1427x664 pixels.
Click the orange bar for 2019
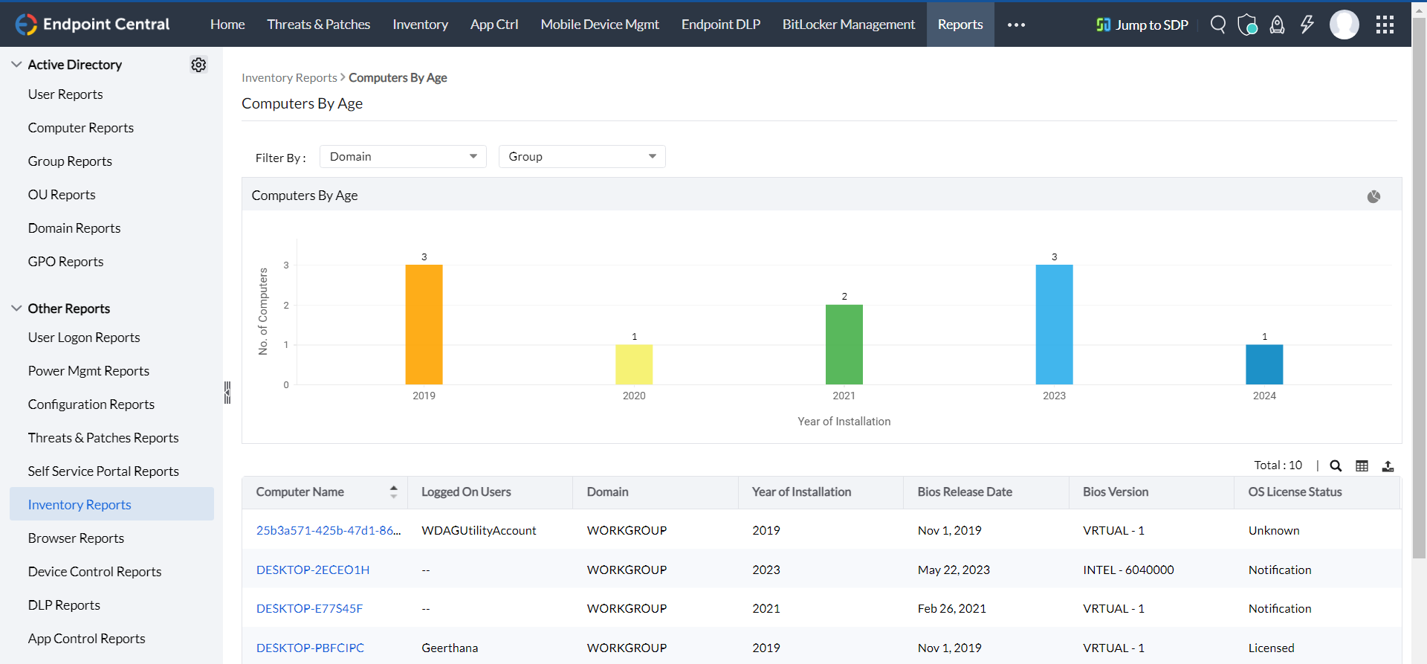coord(424,324)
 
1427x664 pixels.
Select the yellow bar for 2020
coord(634,364)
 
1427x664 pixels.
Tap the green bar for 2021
coord(844,344)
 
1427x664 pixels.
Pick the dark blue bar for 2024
coord(1263,364)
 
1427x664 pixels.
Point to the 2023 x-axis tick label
coord(1054,396)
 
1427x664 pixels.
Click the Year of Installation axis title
coord(844,421)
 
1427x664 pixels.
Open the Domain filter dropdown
coord(403,156)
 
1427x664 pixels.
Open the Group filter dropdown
coord(582,156)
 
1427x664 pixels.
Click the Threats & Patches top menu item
coord(318,25)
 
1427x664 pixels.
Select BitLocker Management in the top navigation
coord(848,25)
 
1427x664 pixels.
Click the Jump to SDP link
coord(1142,25)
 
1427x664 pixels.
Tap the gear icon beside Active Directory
coord(198,65)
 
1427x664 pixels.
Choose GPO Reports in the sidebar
coord(65,262)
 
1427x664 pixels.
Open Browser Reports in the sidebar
coord(76,538)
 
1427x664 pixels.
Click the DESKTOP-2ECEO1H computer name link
coord(313,570)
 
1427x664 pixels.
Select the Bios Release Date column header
coord(965,491)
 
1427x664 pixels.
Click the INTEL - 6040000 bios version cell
coord(1128,570)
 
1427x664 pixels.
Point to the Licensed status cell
coord(1271,648)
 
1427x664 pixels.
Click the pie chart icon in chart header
coord(1373,196)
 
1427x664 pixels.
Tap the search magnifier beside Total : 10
coord(1336,466)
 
